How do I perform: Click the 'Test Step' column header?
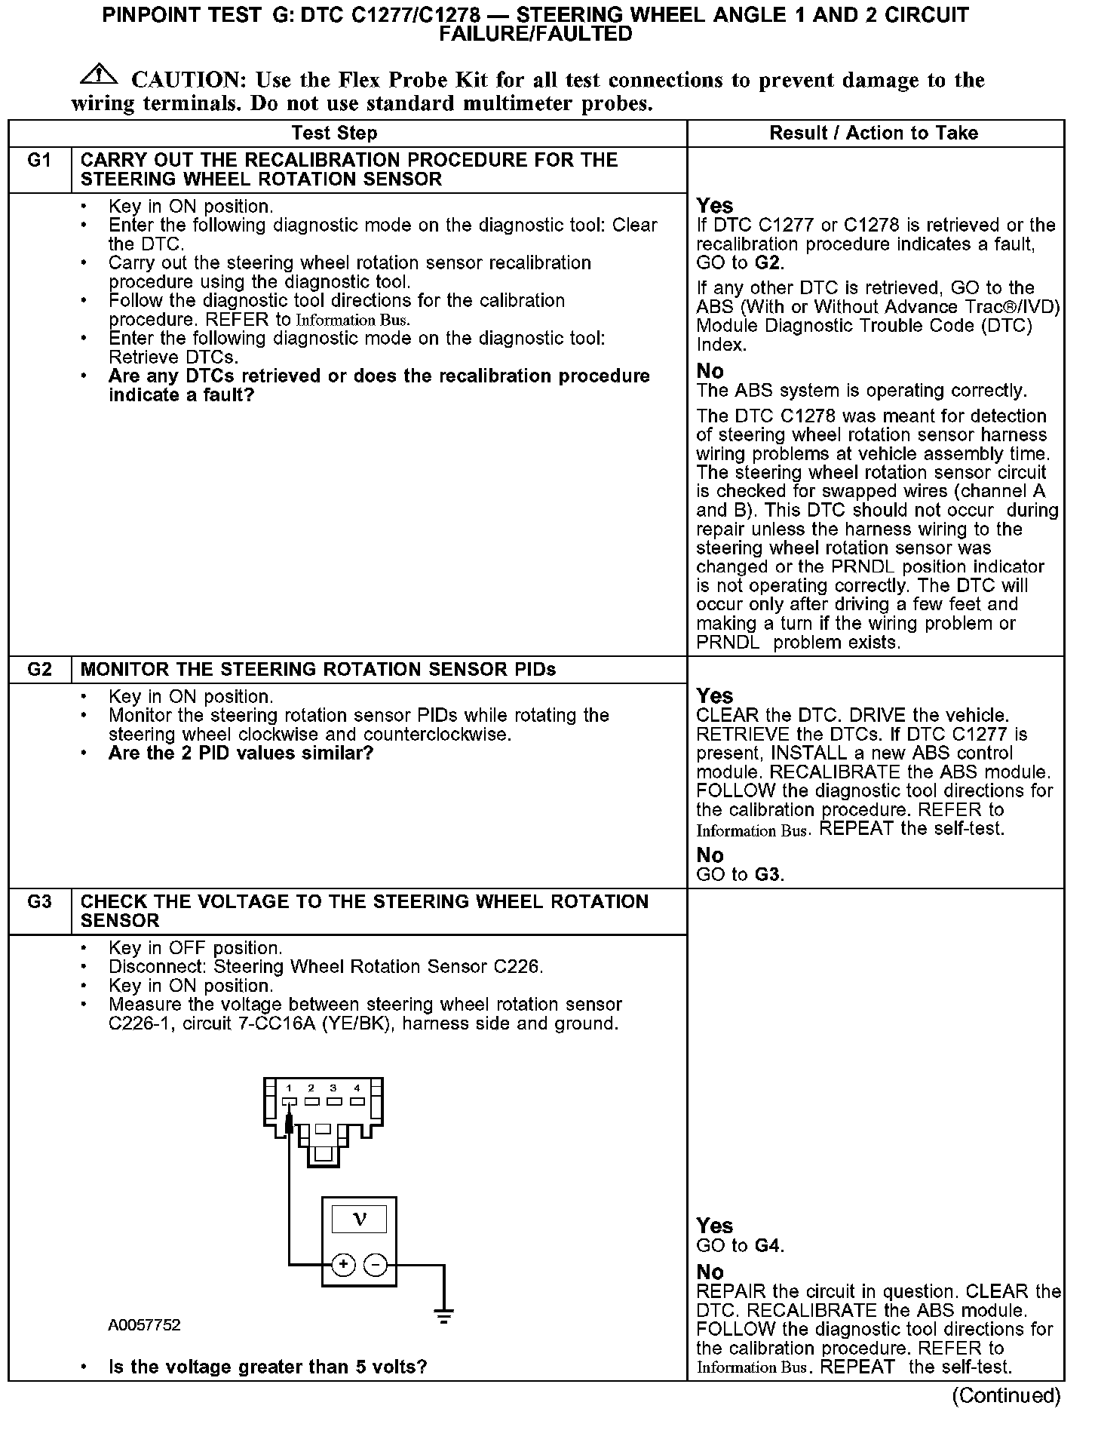click(334, 133)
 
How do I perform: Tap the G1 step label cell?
click(39, 161)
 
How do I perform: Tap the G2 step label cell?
click(39, 670)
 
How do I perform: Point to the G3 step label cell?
click(39, 902)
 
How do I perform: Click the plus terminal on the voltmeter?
click(343, 1265)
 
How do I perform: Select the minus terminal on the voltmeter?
click(375, 1265)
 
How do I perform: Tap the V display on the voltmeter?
click(359, 1220)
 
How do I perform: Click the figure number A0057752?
click(144, 1326)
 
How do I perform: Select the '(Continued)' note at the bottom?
click(1006, 1396)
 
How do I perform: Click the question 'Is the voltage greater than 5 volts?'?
click(268, 1367)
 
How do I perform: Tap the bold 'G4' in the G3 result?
click(767, 1246)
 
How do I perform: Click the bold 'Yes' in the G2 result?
click(714, 695)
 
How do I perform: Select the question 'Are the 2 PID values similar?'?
click(241, 753)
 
